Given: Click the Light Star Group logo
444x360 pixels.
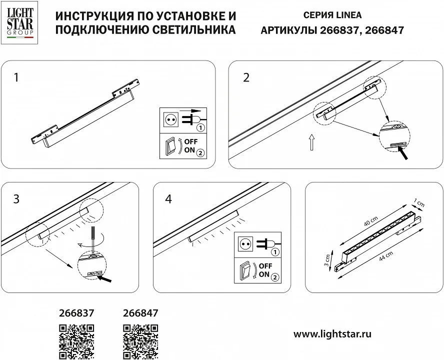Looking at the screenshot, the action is pos(19,22).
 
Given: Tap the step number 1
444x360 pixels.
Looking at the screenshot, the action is pos(16,77).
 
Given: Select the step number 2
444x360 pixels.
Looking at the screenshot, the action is pos(246,77).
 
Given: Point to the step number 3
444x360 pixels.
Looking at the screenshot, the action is pos(16,199).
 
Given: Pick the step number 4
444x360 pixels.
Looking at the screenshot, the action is pos(168,199).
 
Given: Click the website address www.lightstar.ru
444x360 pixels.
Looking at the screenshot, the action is pos(332,334).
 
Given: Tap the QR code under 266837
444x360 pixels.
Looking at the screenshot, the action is pos(76,342).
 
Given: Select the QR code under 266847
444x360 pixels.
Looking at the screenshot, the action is pos(140,342).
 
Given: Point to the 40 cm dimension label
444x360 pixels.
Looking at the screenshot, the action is pos(371,221).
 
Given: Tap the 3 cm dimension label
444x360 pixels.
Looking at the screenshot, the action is pos(327,260).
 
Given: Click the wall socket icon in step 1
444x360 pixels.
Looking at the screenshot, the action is pos(171,119).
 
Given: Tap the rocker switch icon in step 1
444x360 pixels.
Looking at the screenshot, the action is pos(170,146).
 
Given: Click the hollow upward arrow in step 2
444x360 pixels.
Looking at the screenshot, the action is pos(311,142).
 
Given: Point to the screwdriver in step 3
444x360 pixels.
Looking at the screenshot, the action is pos(92,239).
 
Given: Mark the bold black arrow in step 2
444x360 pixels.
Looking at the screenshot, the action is pos(403,153).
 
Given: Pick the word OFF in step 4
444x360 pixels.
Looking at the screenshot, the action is pos(265,266).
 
